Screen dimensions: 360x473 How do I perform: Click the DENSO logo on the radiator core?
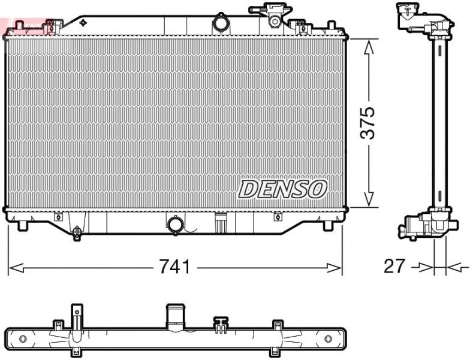click(x=283, y=189)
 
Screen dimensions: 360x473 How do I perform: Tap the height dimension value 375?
click(x=367, y=123)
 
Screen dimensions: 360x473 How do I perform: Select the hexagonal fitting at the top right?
click(x=275, y=20)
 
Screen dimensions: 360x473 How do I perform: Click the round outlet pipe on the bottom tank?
click(x=176, y=225)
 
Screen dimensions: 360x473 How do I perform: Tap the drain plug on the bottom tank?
click(x=76, y=232)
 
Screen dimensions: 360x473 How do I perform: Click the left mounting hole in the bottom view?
click(x=23, y=339)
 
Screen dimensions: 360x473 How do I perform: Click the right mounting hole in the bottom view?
click(x=328, y=339)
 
